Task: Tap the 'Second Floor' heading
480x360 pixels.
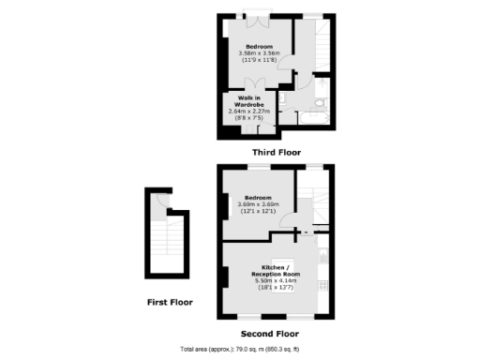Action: point(269,333)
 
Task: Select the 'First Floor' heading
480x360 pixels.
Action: point(169,302)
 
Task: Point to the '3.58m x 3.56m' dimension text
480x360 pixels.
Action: point(260,54)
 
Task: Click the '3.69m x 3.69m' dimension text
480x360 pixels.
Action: point(258,204)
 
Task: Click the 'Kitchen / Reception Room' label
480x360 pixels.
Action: point(276,269)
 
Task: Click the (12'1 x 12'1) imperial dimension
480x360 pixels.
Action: point(258,212)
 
